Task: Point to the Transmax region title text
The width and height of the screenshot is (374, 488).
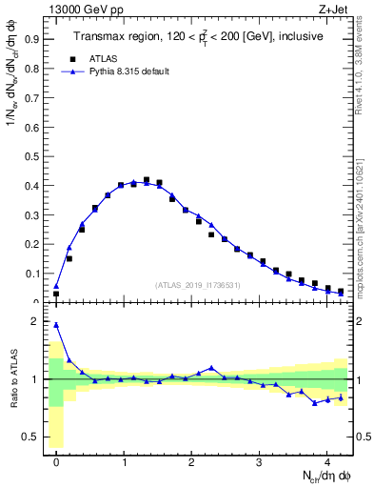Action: (199, 36)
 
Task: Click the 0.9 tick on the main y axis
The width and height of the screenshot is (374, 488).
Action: (34, 41)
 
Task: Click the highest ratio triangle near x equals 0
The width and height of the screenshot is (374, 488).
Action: (56, 325)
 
